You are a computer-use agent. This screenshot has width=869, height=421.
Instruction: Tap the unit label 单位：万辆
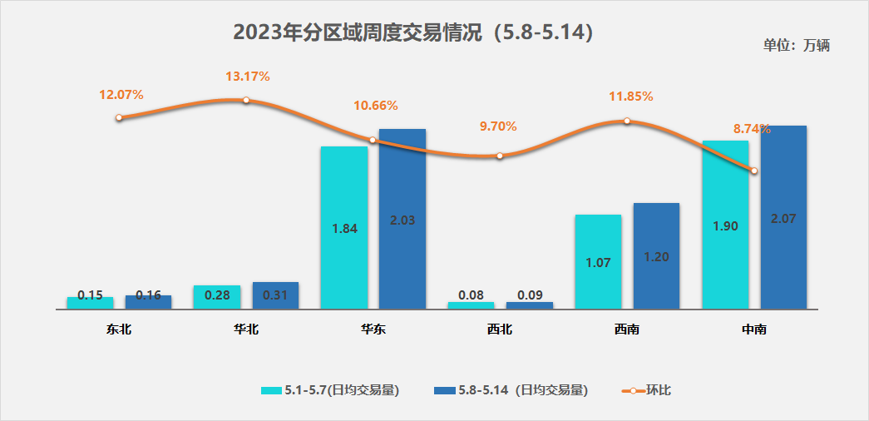click(796, 46)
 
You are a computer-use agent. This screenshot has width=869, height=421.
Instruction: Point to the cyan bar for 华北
click(216, 296)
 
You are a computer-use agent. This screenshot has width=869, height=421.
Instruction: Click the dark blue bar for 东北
click(148, 302)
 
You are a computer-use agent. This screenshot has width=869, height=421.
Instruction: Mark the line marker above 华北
click(246, 101)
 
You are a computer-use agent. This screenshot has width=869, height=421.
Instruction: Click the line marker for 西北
click(500, 156)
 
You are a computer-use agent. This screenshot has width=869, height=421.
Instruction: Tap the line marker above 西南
click(627, 121)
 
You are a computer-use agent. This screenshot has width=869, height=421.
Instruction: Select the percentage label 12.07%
click(121, 95)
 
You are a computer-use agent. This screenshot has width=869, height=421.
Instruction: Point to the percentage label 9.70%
click(498, 126)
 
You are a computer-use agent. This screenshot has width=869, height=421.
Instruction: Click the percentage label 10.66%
click(376, 106)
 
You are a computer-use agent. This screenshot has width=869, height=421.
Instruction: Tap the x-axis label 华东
click(373, 329)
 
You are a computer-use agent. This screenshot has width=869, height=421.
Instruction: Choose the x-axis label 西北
click(500, 329)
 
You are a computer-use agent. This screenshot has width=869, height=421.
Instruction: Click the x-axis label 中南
click(754, 329)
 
